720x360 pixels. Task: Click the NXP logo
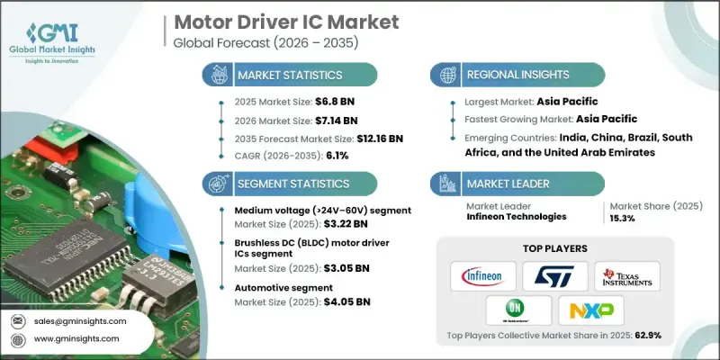(590, 310)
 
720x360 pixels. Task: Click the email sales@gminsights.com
(82, 320)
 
